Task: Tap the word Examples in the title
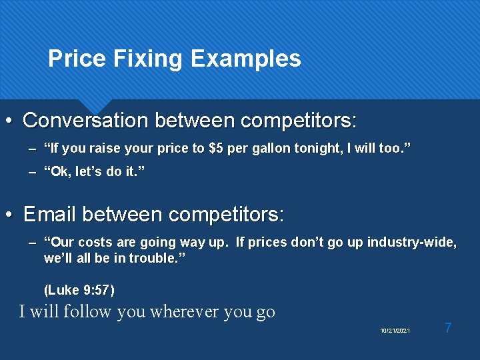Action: click(x=245, y=59)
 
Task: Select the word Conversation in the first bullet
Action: click(x=86, y=121)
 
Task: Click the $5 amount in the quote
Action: click(x=216, y=149)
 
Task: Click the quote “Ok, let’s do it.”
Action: click(x=94, y=173)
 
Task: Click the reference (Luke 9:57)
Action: click(x=79, y=290)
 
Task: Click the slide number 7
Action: click(x=448, y=328)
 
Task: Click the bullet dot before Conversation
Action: click(x=8, y=121)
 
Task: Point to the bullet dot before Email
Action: click(x=8, y=215)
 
